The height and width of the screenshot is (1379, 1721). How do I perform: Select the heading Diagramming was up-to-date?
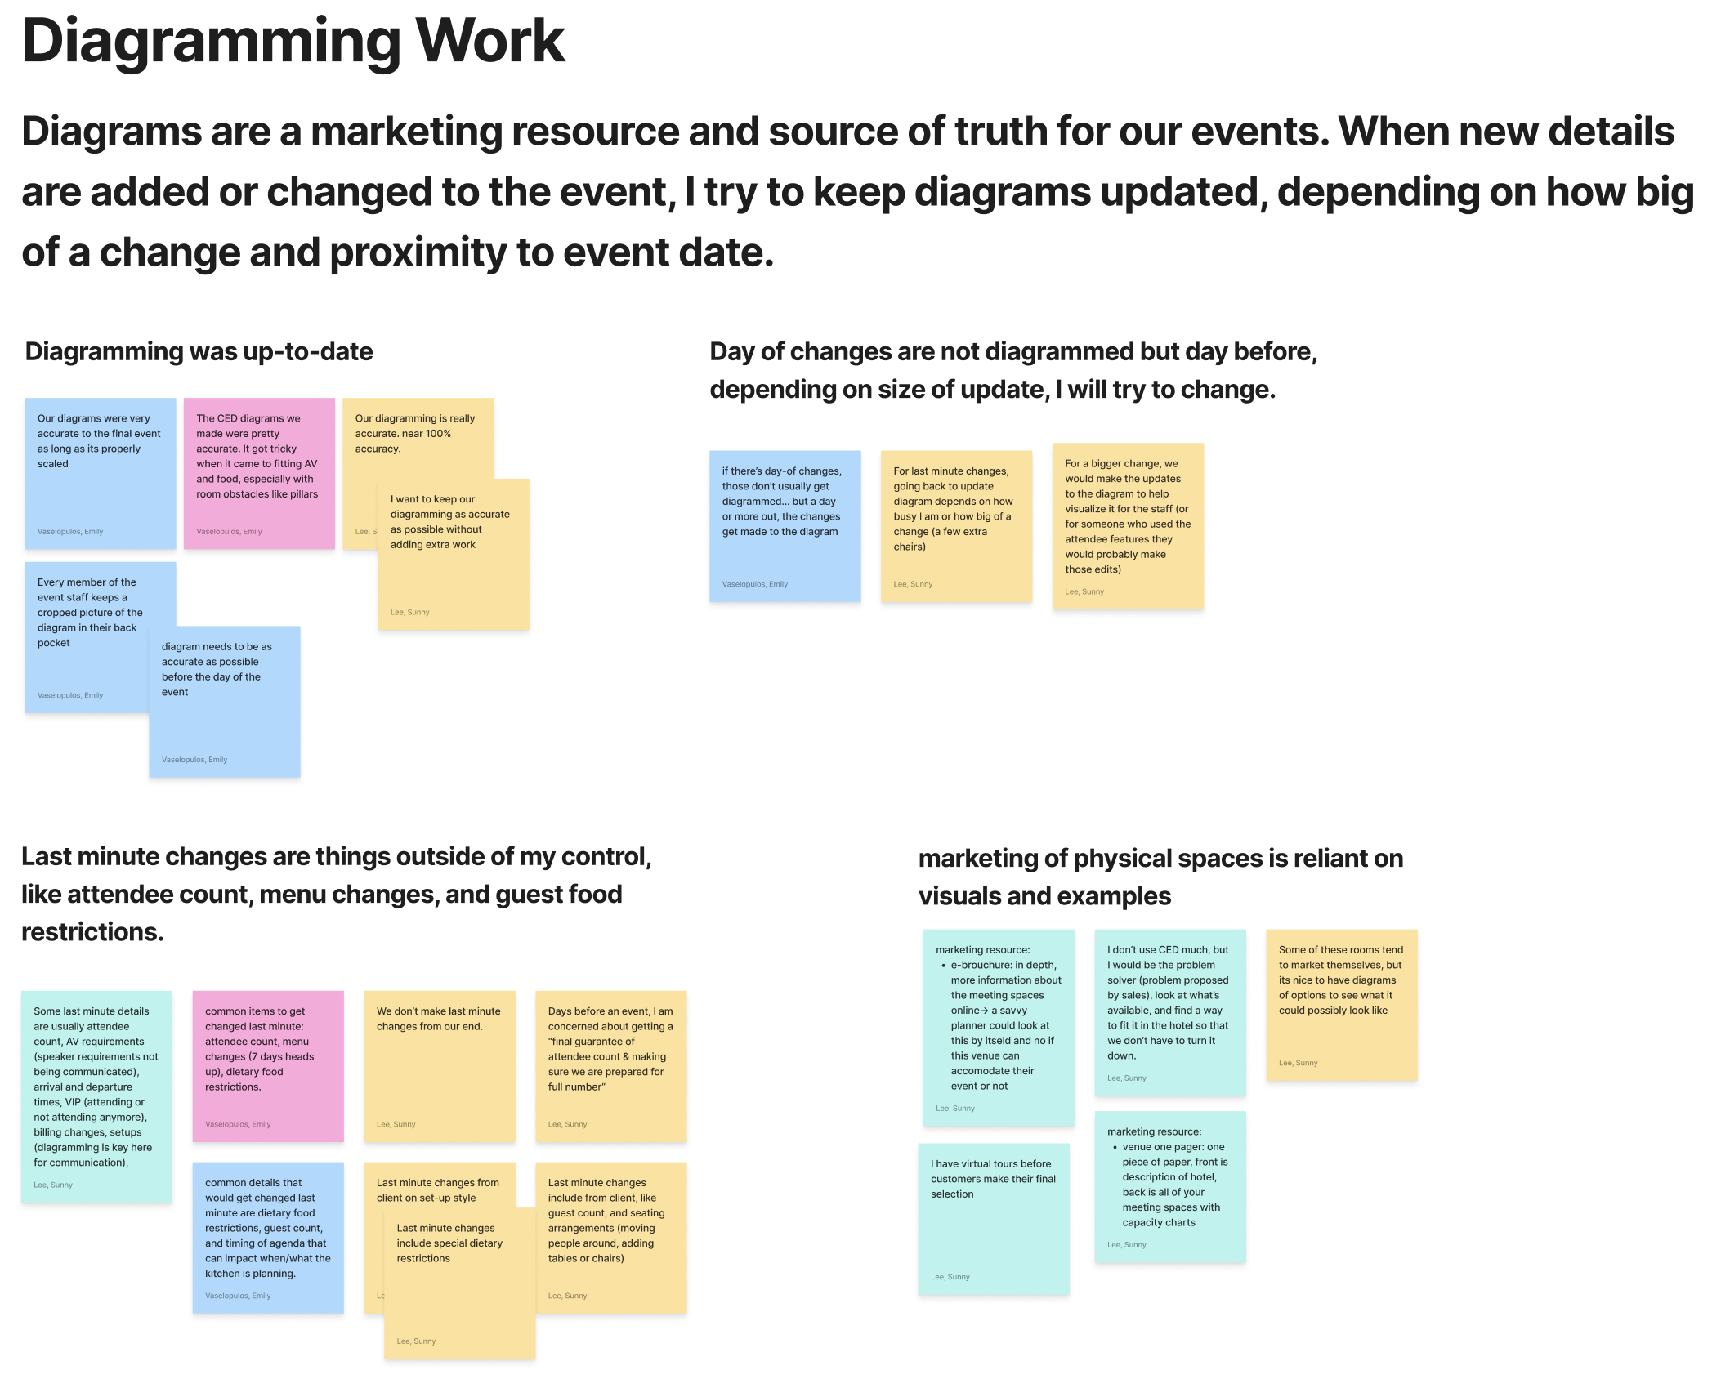pyautogui.click(x=199, y=351)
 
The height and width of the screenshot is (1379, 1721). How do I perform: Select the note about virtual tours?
pyautogui.click(x=993, y=1217)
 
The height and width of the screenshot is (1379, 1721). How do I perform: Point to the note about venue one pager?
pyautogui.click(x=1169, y=1185)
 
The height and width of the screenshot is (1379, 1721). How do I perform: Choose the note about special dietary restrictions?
pyautogui.click(x=459, y=1283)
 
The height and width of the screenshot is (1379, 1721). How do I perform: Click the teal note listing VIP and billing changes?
pyautogui.click(x=96, y=1096)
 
